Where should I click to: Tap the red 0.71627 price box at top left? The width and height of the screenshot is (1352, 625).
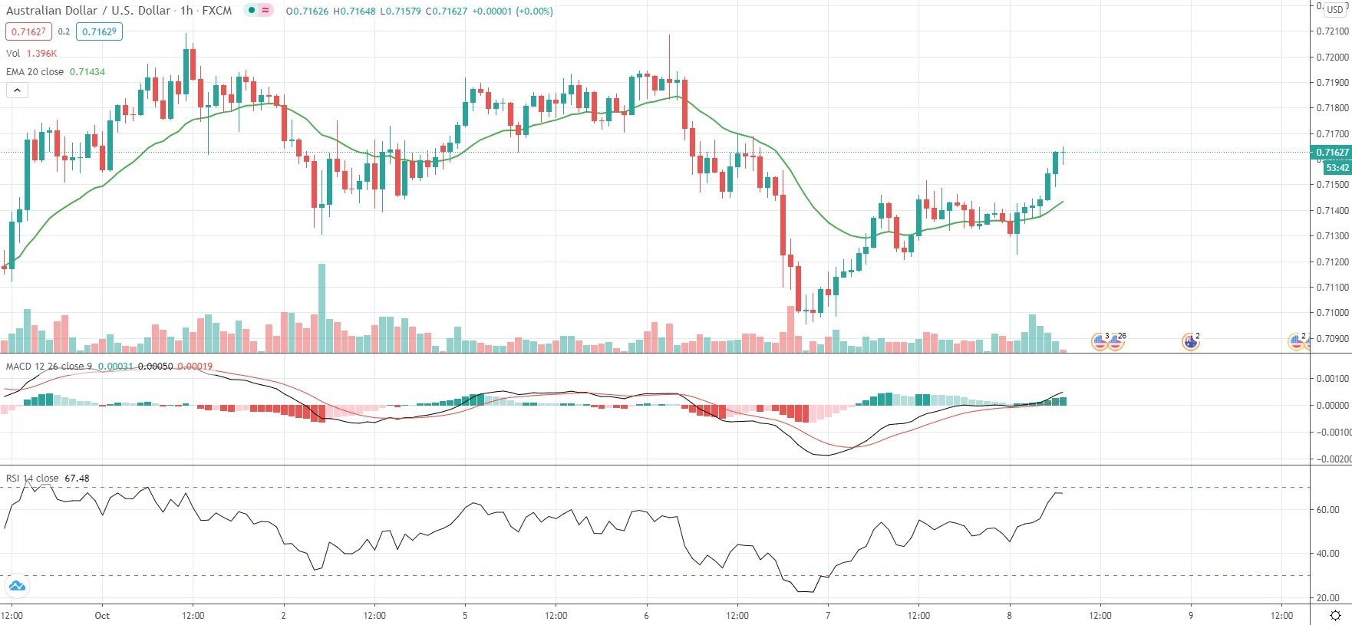[x=27, y=31]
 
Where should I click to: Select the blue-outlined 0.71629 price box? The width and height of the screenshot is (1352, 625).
[x=99, y=31]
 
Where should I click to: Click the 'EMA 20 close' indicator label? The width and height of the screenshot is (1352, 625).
[x=35, y=71]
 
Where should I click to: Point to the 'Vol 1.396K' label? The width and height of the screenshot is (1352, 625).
[x=31, y=54]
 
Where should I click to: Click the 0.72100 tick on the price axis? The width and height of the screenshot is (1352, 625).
[x=1332, y=31]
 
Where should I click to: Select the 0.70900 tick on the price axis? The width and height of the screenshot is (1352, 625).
[x=1332, y=338]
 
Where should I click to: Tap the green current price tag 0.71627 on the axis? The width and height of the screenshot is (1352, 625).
[x=1332, y=152]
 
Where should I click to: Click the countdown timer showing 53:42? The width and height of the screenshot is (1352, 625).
[x=1337, y=167]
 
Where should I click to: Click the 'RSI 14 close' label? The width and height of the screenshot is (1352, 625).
[x=32, y=478]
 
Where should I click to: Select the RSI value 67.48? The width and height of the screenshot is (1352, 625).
[x=77, y=478]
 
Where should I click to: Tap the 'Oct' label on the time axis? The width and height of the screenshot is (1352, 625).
[x=102, y=615]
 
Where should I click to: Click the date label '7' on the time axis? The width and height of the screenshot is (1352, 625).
[x=828, y=615]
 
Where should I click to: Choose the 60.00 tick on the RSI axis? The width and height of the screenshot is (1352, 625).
[x=1328, y=509]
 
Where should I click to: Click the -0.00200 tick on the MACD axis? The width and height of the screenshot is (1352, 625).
[x=1333, y=459]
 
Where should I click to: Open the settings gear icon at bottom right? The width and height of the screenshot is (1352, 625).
[x=1335, y=615]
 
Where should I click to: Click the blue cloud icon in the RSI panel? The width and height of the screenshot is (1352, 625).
[x=16, y=587]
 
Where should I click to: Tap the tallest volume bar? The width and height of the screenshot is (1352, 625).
[x=322, y=308]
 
